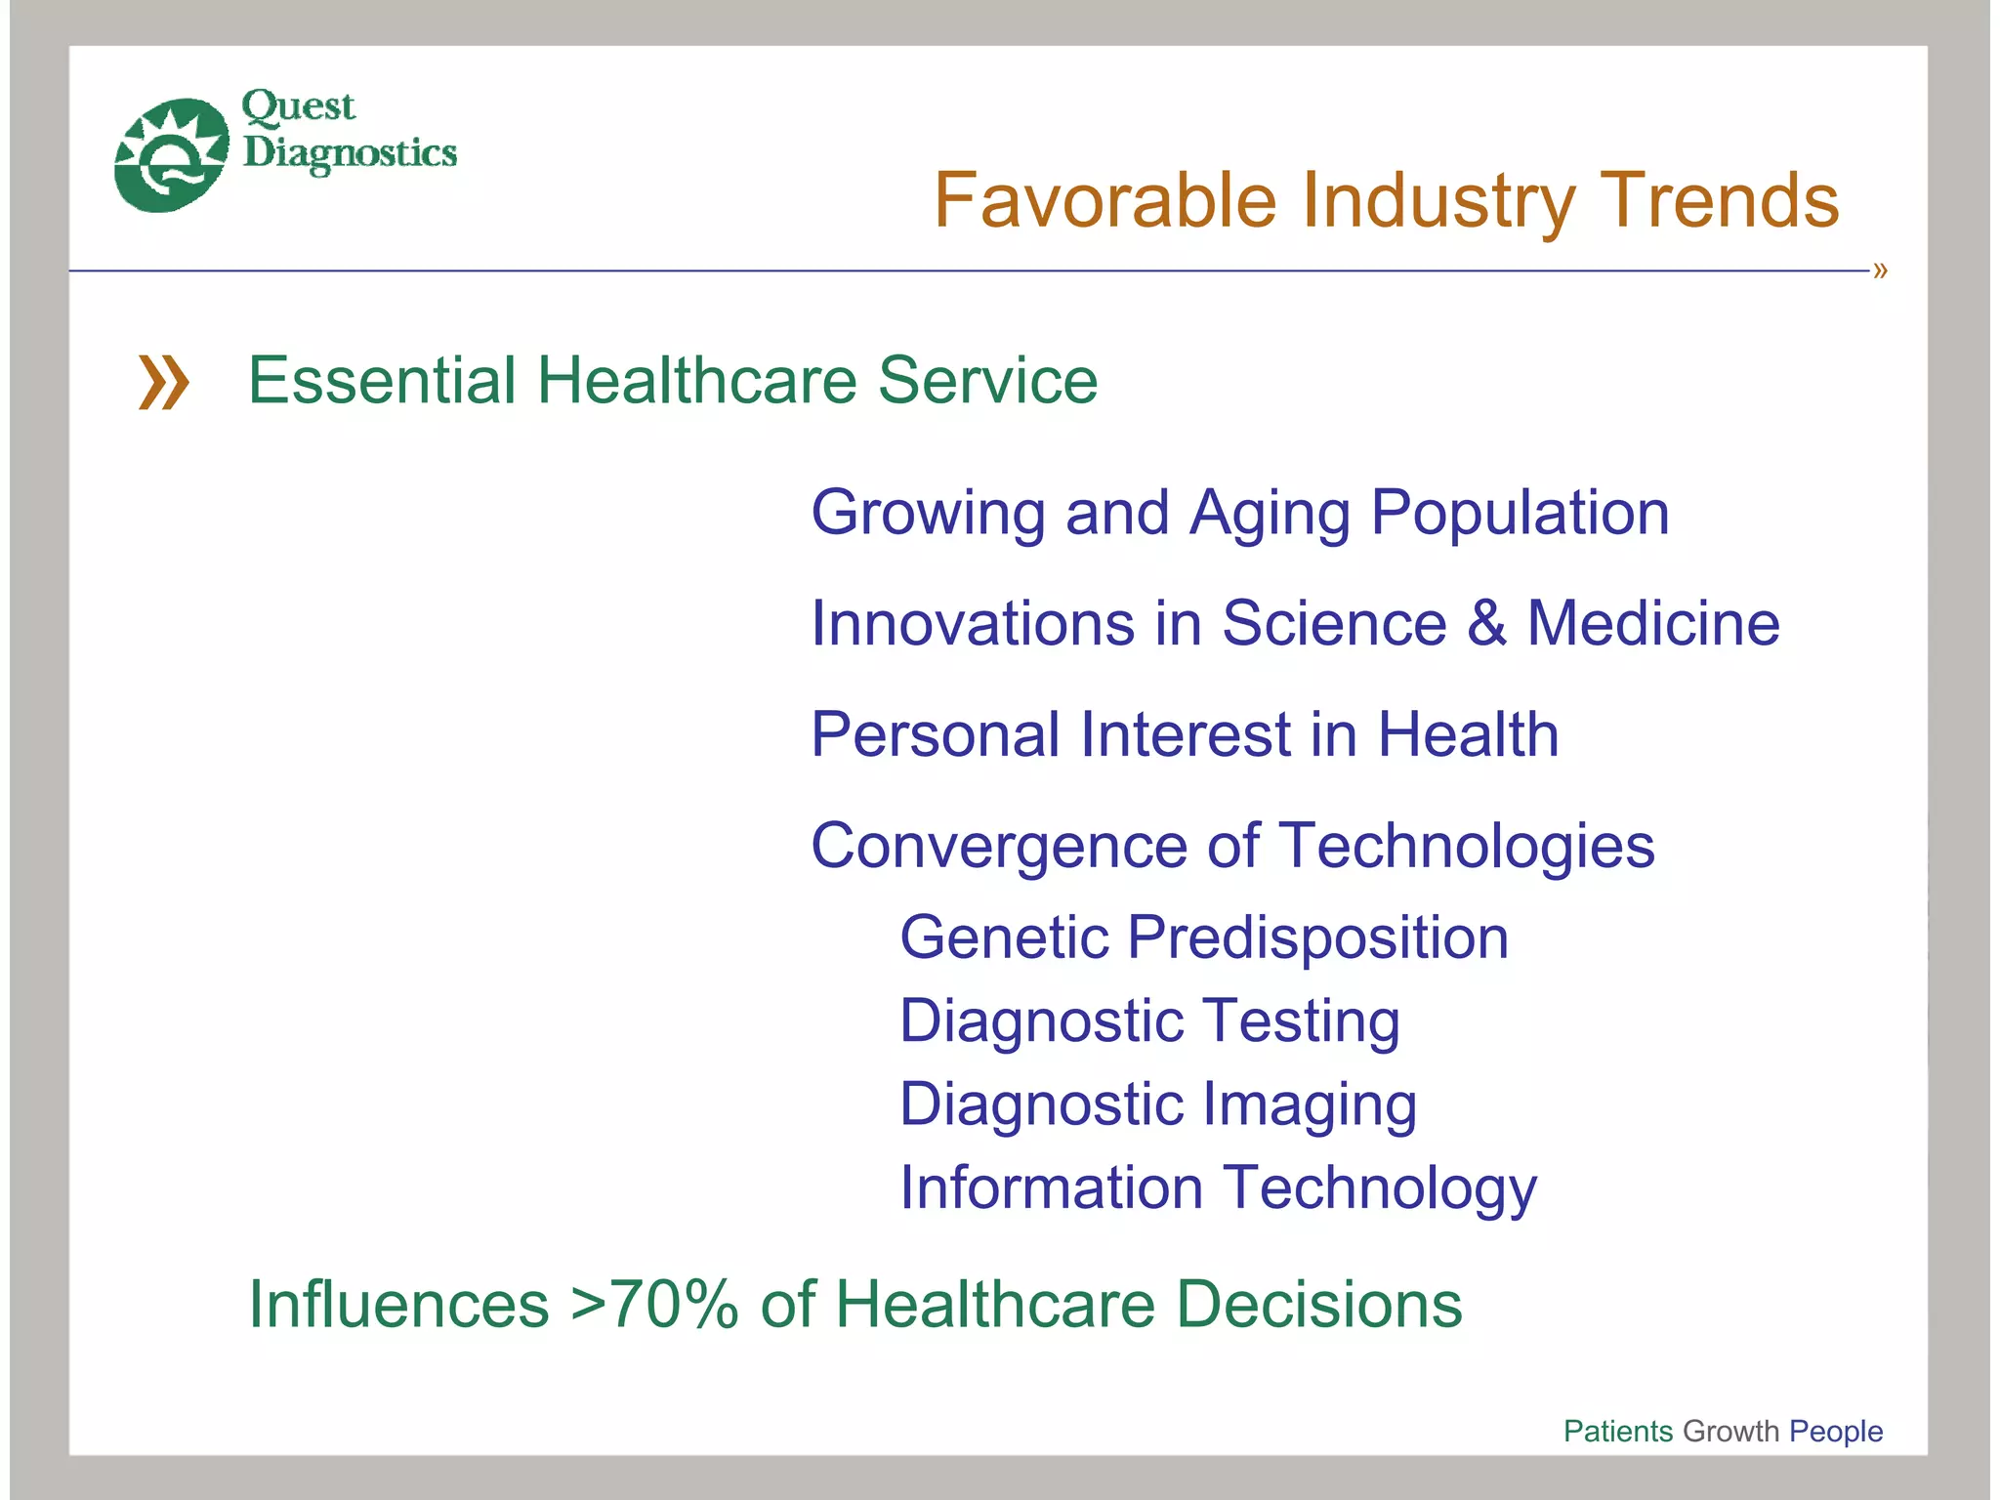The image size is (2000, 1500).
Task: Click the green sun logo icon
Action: [172, 154]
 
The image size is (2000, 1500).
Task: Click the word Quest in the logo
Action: [298, 105]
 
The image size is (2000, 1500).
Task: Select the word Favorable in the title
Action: [1104, 201]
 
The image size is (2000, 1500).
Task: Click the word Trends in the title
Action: [1719, 201]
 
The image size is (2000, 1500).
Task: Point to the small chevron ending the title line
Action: [1880, 271]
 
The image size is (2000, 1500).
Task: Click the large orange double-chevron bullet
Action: [163, 382]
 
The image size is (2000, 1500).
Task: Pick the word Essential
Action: [382, 380]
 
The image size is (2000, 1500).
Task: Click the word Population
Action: [1520, 514]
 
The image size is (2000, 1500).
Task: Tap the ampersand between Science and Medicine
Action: [1486, 623]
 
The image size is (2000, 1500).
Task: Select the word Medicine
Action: [1653, 623]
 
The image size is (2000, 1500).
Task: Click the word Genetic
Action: [1004, 937]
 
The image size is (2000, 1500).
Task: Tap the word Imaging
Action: [1309, 1105]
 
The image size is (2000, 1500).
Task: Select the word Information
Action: [1051, 1187]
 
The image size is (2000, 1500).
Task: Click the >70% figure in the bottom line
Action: [653, 1305]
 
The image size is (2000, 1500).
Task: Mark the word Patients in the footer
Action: [1617, 1431]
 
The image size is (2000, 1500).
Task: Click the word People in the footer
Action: [1835, 1431]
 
